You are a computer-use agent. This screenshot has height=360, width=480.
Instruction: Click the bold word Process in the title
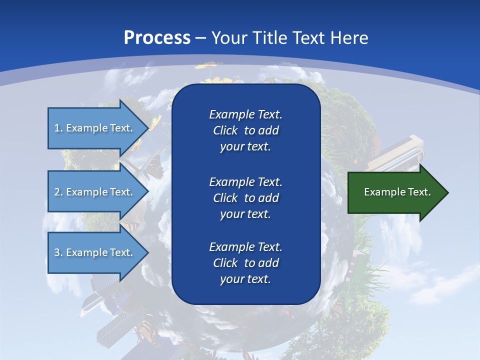click(x=157, y=38)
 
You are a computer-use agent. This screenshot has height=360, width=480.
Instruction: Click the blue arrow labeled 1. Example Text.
click(x=95, y=128)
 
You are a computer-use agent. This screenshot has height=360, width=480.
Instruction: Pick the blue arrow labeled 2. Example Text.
click(x=95, y=192)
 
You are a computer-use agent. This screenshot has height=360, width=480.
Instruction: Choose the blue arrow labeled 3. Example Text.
click(x=95, y=252)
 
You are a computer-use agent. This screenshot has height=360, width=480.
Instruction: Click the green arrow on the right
click(x=395, y=192)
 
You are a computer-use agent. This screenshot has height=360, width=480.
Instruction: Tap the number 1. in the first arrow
click(x=58, y=128)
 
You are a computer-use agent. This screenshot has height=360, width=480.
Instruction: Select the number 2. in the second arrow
click(x=58, y=192)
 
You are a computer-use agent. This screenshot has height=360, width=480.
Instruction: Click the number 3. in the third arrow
click(x=58, y=252)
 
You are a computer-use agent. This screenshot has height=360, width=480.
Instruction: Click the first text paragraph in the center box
click(x=245, y=130)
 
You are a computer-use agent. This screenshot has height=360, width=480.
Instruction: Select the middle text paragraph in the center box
click(x=245, y=197)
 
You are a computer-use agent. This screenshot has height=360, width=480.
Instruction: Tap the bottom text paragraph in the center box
click(x=245, y=263)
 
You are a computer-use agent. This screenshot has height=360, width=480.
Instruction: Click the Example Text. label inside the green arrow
click(x=397, y=192)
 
